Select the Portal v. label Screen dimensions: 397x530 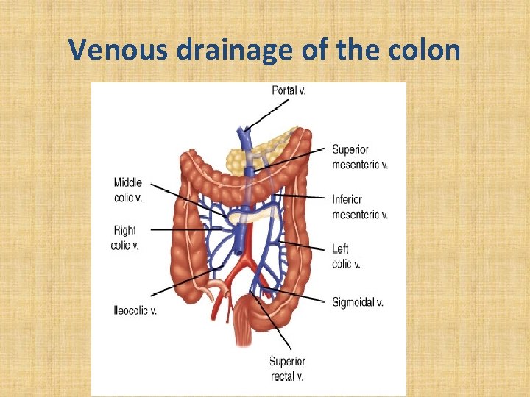289,90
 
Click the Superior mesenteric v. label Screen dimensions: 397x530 359,157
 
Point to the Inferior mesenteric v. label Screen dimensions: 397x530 359,207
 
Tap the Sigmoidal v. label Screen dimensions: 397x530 358,302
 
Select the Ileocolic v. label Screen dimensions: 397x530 135,311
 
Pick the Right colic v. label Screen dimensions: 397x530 124,238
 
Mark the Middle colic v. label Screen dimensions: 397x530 128,190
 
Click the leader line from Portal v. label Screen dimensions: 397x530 265,114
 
